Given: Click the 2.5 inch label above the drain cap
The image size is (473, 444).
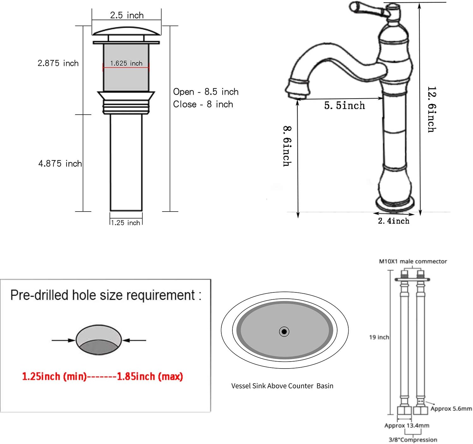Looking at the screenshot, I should click(127, 15).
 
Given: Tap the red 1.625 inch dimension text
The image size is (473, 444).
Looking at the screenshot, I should click(126, 63).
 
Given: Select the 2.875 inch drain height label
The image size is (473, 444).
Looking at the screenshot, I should click(58, 63).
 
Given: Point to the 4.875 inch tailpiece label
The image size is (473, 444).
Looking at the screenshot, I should click(60, 164).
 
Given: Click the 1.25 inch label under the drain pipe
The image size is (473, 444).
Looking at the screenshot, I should click(126, 223).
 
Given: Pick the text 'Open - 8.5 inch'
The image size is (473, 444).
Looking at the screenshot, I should click(206, 92).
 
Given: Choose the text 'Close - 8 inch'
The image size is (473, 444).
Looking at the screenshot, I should click(203, 104).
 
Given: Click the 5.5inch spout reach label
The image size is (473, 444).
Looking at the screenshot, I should click(344, 105).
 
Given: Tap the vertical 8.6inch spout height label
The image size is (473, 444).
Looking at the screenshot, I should click(287, 146).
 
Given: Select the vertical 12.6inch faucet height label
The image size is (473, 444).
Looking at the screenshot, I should click(432, 109).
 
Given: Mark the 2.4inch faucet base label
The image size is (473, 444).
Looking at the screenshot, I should click(394, 221).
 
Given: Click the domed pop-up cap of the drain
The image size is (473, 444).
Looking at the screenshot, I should click(126, 31).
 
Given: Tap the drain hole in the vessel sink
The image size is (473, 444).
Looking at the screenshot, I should click(284, 332).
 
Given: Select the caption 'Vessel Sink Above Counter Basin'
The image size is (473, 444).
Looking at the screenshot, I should click(282, 386).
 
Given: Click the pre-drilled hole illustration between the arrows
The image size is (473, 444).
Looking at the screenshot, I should click(99, 340).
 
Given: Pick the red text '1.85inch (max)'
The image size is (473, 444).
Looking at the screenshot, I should click(150, 376).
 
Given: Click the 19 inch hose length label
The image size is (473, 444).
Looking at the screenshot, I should click(379, 337).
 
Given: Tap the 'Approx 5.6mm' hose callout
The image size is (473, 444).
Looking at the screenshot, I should click(451, 409).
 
